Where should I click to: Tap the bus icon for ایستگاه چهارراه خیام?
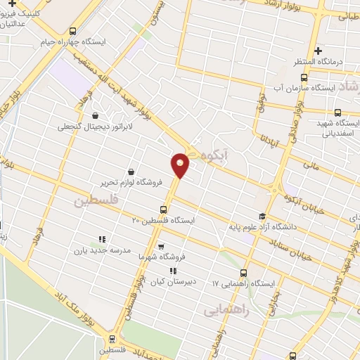coord(73,30)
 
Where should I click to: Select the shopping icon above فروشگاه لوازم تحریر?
coord(131,171)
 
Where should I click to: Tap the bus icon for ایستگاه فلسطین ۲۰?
coord(164,209)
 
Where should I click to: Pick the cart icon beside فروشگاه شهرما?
coord(162,247)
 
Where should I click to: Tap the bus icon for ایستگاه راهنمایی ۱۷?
coord(244,273)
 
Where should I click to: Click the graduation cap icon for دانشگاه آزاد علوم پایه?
coord(262,216)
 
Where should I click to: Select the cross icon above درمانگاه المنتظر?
coord(319,51)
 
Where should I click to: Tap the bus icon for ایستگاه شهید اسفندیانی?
coord(338,112)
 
